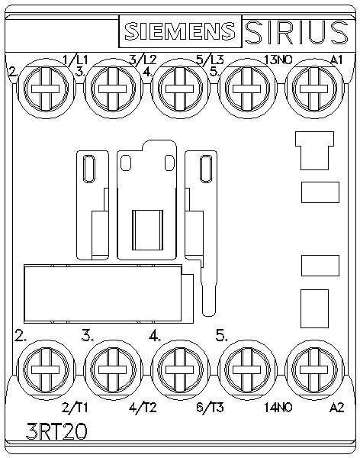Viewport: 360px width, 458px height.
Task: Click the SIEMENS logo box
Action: tap(180, 31)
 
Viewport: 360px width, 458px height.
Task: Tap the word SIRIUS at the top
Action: tap(297, 32)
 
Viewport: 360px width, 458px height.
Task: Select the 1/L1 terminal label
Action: tap(76, 60)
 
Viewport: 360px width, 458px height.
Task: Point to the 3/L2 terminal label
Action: tap(143, 60)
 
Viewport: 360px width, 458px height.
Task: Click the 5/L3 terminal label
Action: tap(211, 60)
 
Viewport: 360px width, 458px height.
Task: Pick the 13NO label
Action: tap(278, 60)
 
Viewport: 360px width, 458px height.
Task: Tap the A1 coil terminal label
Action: tap(336, 60)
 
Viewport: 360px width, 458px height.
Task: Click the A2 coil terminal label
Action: tap(337, 408)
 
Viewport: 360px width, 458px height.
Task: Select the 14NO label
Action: tap(278, 408)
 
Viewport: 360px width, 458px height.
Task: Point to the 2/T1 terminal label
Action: tap(75, 408)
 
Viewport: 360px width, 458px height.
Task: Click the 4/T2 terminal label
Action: tap(143, 408)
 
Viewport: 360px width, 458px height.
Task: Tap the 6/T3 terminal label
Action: tap(211, 408)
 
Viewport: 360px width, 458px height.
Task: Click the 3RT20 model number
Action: tap(56, 431)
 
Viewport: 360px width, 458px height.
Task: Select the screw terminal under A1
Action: tap(314, 89)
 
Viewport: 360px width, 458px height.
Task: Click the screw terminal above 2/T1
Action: tap(45, 369)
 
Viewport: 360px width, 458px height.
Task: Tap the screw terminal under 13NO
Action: tap(247, 89)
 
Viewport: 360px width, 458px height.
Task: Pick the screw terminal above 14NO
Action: tap(247, 369)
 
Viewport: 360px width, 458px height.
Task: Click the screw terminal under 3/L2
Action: tap(113, 89)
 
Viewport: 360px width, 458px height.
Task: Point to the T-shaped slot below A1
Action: tap(314, 150)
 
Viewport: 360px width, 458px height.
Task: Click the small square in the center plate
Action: tap(147, 231)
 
